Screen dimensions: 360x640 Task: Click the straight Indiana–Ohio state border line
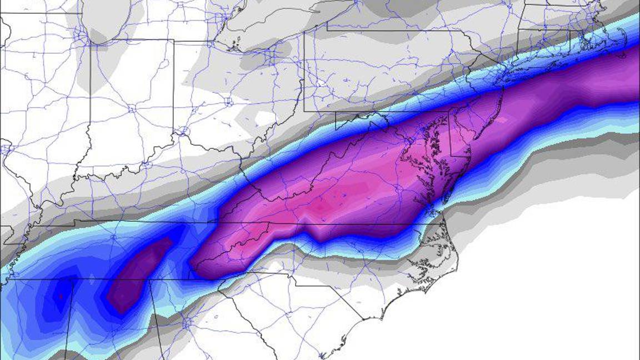click(173, 89)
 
